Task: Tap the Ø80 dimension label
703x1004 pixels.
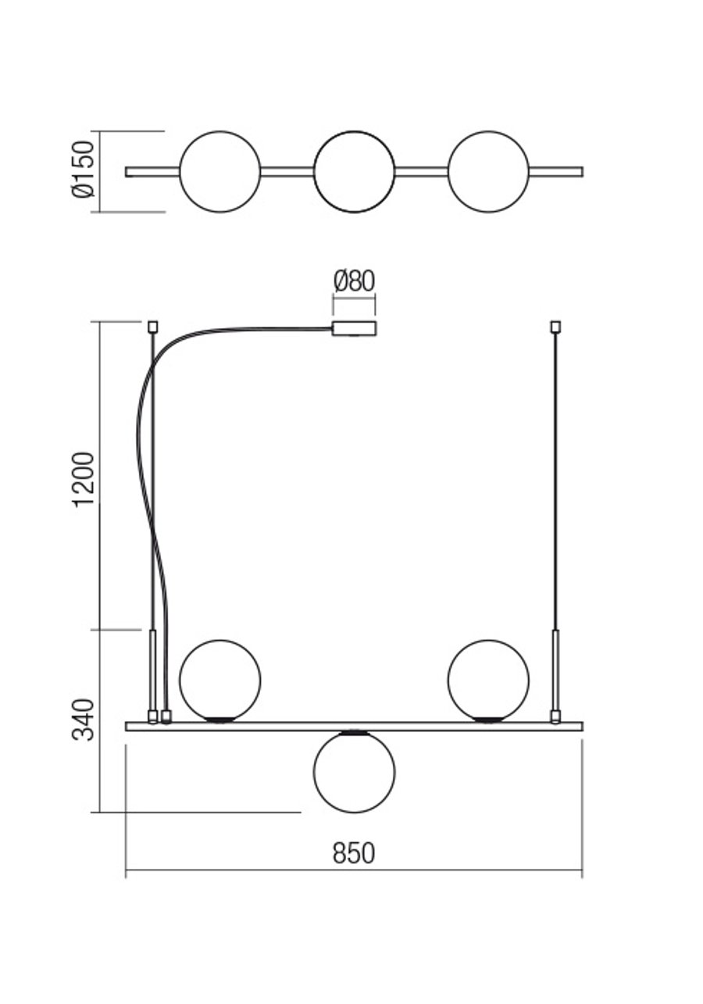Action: point(354,281)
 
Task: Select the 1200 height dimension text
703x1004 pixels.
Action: point(84,480)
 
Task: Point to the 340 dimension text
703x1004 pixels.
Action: point(84,720)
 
